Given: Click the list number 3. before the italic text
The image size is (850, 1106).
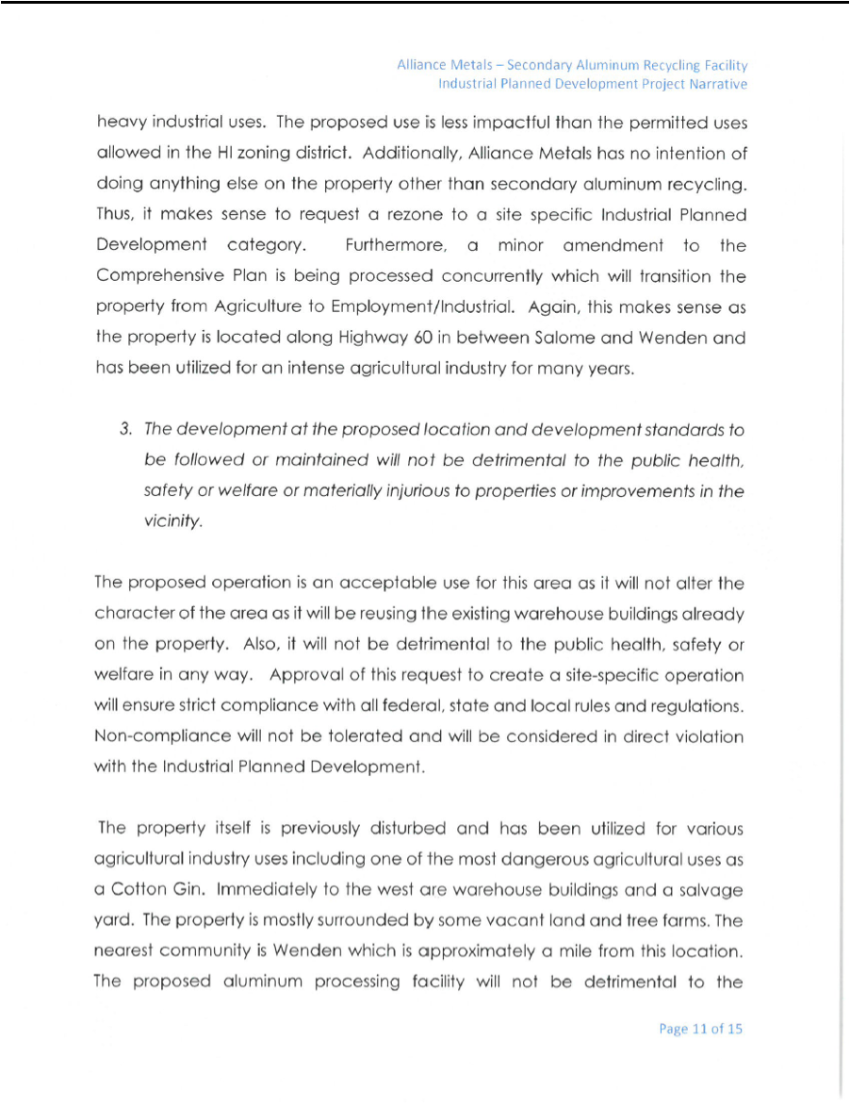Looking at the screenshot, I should pos(124,430).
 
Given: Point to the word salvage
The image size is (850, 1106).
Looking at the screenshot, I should pos(711,891).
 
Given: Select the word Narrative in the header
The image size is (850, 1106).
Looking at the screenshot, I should pos(718,84).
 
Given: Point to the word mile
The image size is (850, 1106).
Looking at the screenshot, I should pos(620,952).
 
